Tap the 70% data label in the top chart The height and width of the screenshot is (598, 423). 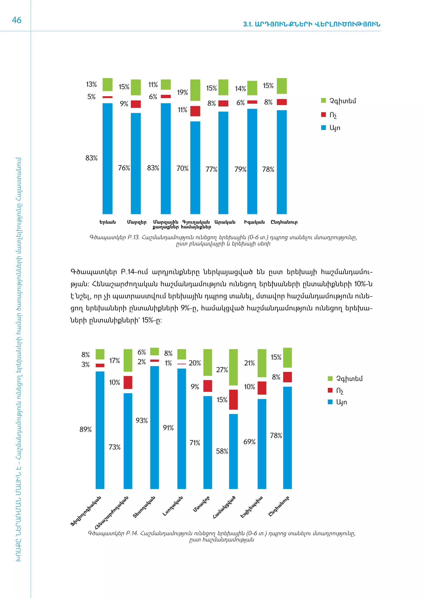pyautogui.click(x=182, y=168)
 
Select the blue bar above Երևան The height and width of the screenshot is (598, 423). pyautogui.click(x=107, y=158)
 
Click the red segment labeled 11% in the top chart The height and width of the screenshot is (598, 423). pyautogui.click(x=195, y=111)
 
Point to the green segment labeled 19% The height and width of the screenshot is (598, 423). pyautogui.click(x=195, y=90)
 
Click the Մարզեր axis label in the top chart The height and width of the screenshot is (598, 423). pyautogui.click(x=137, y=222)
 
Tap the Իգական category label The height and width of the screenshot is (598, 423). pyautogui.click(x=254, y=222)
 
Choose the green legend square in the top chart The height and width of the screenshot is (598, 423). pyautogui.click(x=323, y=101)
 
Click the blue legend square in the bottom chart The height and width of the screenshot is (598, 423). pyautogui.click(x=330, y=402)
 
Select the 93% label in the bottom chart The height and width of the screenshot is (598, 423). pyautogui.click(x=141, y=420)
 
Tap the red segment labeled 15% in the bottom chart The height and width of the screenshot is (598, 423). pyautogui.click(x=233, y=400)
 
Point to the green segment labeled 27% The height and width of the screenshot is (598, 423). pyautogui.click(x=233, y=367)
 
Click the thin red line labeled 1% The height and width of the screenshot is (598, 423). pyautogui.click(x=182, y=364)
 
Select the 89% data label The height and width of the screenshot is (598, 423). pyautogui.click(x=86, y=429)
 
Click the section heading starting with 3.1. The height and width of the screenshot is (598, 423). pyautogui.click(x=311, y=24)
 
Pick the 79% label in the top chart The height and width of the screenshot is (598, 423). pyautogui.click(x=240, y=170)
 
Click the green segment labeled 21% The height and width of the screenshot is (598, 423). pyautogui.click(x=262, y=363)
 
